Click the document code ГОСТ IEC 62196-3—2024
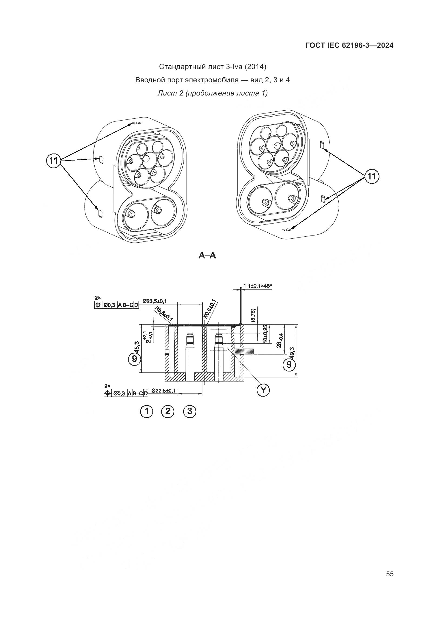click(349, 46)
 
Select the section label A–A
click(207, 256)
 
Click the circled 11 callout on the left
click(54, 161)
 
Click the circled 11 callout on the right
click(372, 176)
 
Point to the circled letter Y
click(263, 390)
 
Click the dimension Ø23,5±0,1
click(154, 301)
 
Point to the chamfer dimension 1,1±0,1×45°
click(257, 286)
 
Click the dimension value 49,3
click(292, 353)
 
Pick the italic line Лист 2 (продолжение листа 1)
click(212, 93)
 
